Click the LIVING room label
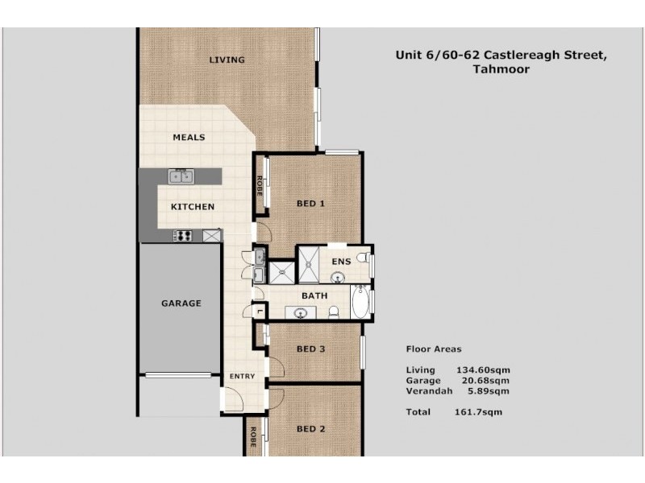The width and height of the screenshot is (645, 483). (227, 60)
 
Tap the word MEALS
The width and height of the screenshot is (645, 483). (189, 138)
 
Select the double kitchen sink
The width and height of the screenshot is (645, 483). (181, 176)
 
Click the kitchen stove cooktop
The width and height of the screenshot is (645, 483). (182, 236)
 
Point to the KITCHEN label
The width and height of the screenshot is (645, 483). (193, 207)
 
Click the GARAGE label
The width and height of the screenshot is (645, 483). (181, 303)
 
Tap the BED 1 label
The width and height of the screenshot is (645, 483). (310, 204)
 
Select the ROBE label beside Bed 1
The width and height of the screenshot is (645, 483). (260, 187)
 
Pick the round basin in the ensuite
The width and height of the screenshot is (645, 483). (337, 279)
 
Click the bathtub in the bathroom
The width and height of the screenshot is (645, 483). (360, 303)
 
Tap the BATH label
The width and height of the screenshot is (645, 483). (314, 296)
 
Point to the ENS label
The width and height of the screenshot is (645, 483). (340, 262)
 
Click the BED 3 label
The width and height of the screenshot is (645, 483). (310, 349)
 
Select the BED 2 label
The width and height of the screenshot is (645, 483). (310, 429)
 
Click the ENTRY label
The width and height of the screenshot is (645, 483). (242, 377)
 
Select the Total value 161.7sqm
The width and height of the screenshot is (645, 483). (478, 411)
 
